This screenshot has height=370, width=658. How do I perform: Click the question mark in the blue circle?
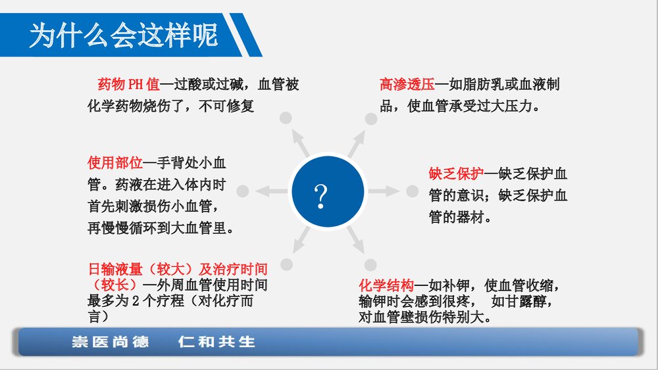320,195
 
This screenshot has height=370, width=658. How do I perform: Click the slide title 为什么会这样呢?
123,35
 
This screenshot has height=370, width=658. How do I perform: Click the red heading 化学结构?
386,286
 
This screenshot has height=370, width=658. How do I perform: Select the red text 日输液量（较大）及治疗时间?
178,269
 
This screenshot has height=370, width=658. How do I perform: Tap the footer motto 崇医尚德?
110,342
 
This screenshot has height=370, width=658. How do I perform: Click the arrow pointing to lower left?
302,241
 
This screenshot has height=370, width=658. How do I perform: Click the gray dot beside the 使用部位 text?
242,191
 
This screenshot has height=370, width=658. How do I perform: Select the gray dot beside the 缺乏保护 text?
412,191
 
